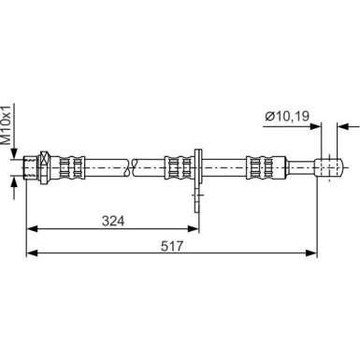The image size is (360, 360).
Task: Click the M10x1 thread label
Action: pos(7,124)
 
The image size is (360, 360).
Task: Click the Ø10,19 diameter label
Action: pos(287,116)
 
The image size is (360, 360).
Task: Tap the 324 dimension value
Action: pos(113,221)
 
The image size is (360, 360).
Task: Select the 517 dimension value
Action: pos(172,246)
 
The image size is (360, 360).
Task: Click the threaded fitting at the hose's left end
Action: pos(31,167)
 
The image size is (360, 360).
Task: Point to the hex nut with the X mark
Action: pos(45,167)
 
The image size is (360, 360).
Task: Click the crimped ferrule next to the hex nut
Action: pos(72,167)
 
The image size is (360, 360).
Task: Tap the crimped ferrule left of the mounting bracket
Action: pos(178,167)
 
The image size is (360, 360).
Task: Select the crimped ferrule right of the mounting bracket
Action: pos(259,167)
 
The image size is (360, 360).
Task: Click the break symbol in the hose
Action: pos(131,167)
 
